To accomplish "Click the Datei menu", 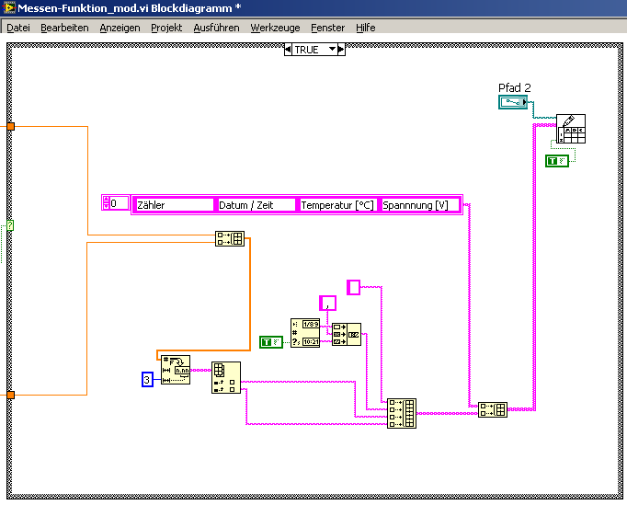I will pyautogui.click(x=18, y=28).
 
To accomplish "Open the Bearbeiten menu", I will pyautogui.click(x=64, y=28).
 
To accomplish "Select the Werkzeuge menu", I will pyautogui.click(x=275, y=28).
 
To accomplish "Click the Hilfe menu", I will pyautogui.click(x=366, y=28).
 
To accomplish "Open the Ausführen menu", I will pyautogui.click(x=216, y=28).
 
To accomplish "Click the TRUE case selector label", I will pyautogui.click(x=306, y=50).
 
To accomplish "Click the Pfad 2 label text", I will pyautogui.click(x=515, y=88).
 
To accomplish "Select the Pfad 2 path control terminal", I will pyautogui.click(x=515, y=102).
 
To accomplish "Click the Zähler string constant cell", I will pyautogui.click(x=174, y=205).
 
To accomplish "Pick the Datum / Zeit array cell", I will pyautogui.click(x=256, y=205).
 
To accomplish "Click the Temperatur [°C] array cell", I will pyautogui.click(x=338, y=205).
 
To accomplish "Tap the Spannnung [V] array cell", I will pyautogui.click(x=419, y=205).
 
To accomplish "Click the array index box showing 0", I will pyautogui.click(x=117, y=203).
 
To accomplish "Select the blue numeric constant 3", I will pyautogui.click(x=147, y=379).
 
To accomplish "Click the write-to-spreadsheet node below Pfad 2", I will pyautogui.click(x=570, y=130).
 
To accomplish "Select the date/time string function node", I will pyautogui.click(x=304, y=333).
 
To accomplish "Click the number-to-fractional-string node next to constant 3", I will pyautogui.click(x=175, y=370).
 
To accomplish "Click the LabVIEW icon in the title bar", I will pyautogui.click(x=9, y=8).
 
